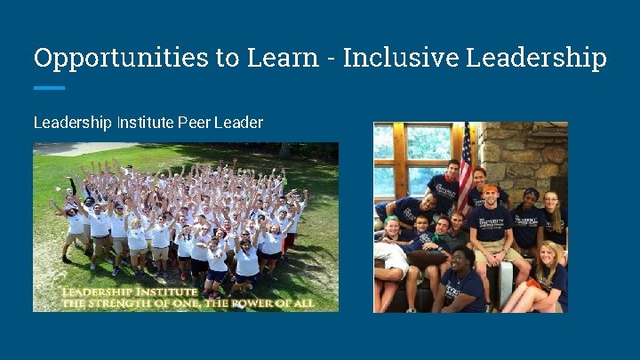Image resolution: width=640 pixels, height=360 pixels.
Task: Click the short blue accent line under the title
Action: click(49, 88)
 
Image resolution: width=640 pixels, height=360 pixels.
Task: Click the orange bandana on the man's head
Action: click(490, 188)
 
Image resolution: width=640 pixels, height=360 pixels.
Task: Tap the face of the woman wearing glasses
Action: click(551, 201)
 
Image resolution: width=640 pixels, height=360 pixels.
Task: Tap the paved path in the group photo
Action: click(71, 148)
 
